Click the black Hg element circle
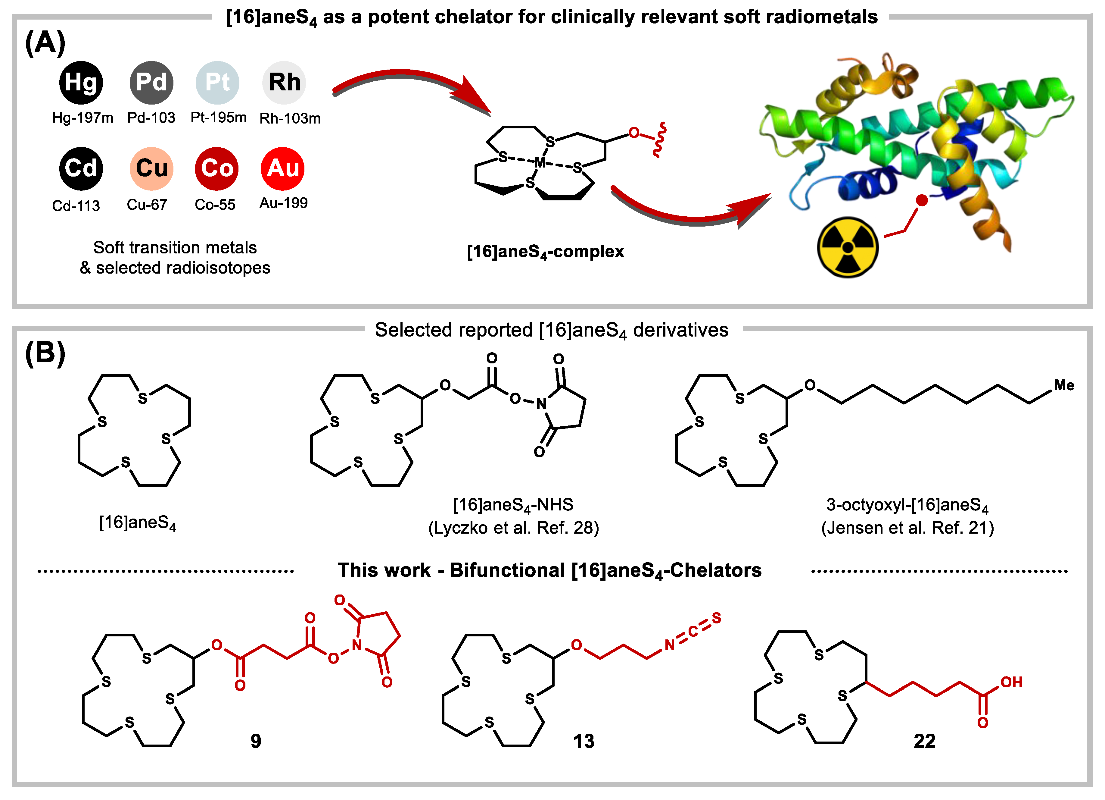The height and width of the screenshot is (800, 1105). (81, 82)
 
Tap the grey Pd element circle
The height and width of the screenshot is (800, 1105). (151, 82)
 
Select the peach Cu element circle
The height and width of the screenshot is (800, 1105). (151, 168)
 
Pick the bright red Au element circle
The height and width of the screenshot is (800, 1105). (283, 168)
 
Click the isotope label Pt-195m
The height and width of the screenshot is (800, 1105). (218, 118)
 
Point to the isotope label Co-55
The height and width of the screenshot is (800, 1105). (215, 204)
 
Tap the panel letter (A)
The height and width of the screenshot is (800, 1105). (45, 43)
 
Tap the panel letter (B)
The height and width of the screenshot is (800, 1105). (45, 353)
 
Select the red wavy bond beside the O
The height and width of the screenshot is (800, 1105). (658, 140)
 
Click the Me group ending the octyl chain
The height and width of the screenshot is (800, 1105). (1064, 385)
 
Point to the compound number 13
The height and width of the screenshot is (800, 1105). (584, 741)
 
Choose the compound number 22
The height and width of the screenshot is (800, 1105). (924, 741)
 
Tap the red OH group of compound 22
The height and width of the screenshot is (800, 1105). (1011, 682)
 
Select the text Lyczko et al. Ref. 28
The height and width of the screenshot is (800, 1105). (514, 528)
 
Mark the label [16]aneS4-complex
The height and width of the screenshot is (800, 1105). (545, 252)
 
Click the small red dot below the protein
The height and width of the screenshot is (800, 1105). (921, 200)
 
